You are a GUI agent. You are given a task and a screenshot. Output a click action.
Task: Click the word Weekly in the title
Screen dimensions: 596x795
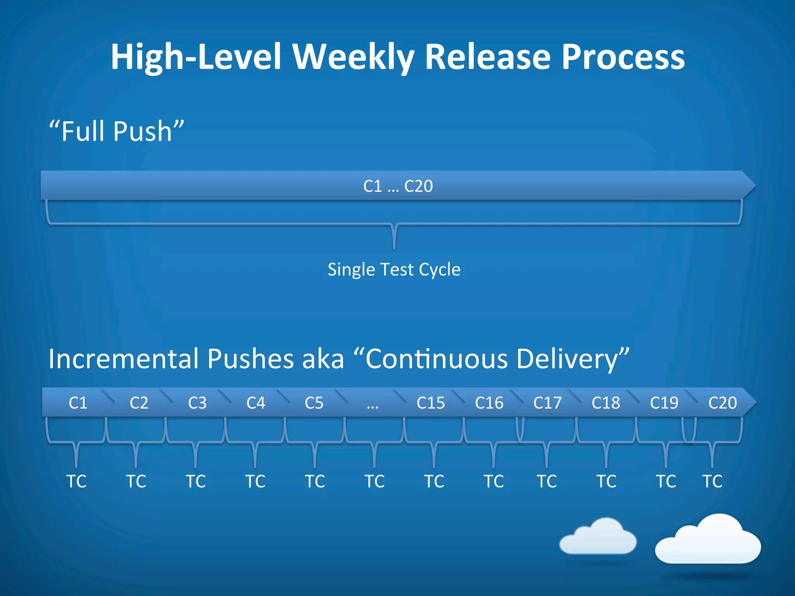click(x=353, y=57)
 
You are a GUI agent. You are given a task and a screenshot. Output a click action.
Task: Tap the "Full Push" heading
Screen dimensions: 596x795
click(x=116, y=131)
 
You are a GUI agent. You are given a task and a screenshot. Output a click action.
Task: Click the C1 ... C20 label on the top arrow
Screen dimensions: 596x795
click(x=398, y=186)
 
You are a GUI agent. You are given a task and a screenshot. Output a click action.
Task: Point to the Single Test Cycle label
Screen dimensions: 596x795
click(x=394, y=269)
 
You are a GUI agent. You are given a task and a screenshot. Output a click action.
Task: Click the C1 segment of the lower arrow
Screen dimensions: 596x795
click(x=78, y=403)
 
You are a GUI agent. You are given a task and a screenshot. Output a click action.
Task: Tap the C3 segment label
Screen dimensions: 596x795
click(x=197, y=403)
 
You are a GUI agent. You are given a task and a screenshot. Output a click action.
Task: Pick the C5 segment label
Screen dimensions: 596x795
click(x=314, y=403)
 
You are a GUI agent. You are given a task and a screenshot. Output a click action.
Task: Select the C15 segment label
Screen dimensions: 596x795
click(x=430, y=403)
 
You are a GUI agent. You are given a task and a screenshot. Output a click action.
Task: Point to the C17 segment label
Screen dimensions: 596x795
click(x=547, y=403)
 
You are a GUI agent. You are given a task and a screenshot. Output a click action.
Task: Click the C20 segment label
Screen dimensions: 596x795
click(x=722, y=403)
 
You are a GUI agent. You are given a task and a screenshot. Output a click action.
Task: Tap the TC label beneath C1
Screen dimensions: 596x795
click(x=76, y=482)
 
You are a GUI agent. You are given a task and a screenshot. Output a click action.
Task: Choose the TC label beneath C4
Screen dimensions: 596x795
click(x=255, y=482)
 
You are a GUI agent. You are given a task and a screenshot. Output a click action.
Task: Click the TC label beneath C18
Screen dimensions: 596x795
click(x=606, y=482)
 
